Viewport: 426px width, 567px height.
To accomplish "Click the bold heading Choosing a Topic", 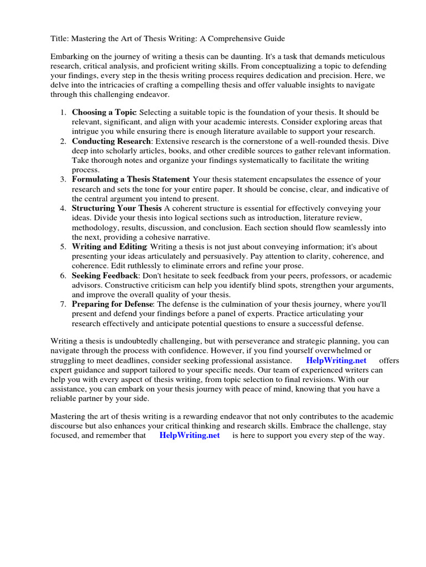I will (104, 112).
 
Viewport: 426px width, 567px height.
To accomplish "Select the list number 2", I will (63, 141).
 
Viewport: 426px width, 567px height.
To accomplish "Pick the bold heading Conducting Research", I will (111, 141).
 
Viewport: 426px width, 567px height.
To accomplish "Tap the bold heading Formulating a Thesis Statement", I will (130, 179).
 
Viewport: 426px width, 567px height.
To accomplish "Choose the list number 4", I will (63, 208).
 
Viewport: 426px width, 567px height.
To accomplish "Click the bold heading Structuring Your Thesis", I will (116, 208).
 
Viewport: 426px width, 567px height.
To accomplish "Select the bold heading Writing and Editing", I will (109, 246).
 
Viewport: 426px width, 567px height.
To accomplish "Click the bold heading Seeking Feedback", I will (105, 275).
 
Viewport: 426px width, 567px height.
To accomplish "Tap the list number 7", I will (63, 304).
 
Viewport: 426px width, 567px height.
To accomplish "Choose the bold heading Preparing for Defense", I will (114, 304).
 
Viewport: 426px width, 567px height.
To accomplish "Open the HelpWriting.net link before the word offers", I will (336, 360).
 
